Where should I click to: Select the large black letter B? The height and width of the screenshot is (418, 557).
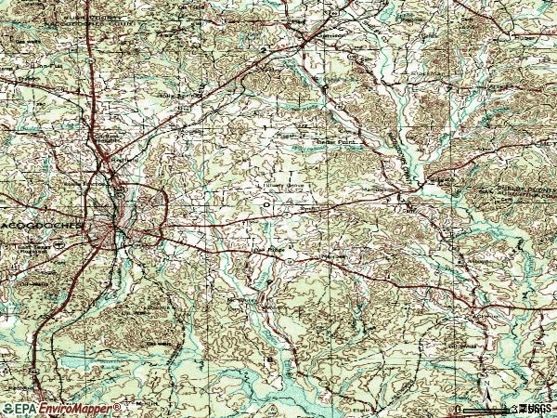tap(270, 357)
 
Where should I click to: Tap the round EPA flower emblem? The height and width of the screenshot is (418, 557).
tap(7, 409)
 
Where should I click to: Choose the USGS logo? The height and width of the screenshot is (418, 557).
tap(537, 409)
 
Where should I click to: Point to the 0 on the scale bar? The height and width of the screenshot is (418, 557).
tap(459, 409)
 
